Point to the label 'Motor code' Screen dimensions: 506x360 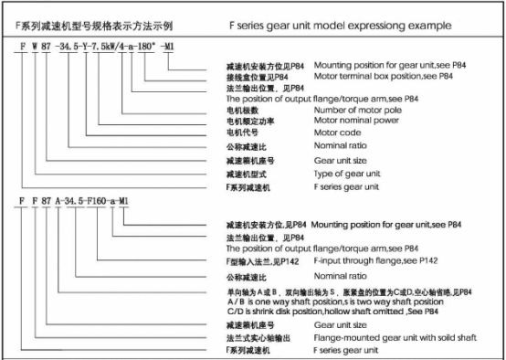coord(335,132)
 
